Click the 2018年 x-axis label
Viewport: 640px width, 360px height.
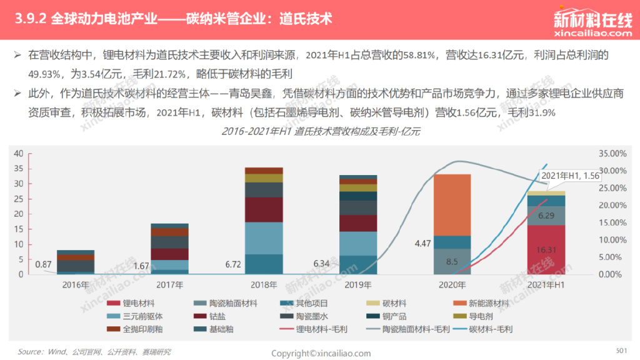(x=264, y=285)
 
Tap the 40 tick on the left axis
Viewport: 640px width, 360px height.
(x=18, y=153)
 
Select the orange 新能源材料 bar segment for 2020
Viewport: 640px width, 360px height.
(x=452, y=204)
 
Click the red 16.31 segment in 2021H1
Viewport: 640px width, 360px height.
(x=546, y=249)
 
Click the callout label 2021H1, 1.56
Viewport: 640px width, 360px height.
(x=570, y=176)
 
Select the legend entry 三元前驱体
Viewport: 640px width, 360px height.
(x=137, y=316)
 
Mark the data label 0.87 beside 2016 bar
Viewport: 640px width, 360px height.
(x=43, y=264)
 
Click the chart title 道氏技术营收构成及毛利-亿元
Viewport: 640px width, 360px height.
(x=321, y=132)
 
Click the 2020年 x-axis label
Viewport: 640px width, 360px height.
(x=452, y=285)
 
